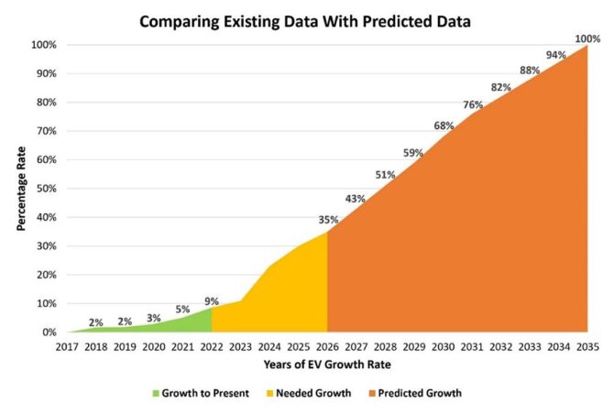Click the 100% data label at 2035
(x=587, y=38)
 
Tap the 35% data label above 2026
(x=328, y=220)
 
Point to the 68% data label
(x=444, y=125)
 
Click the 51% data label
(x=385, y=175)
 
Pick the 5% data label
(x=183, y=309)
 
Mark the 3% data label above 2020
(x=154, y=317)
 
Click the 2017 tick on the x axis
(x=68, y=348)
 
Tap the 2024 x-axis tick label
(x=269, y=348)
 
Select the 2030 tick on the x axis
(x=443, y=348)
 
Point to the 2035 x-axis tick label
(x=587, y=348)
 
